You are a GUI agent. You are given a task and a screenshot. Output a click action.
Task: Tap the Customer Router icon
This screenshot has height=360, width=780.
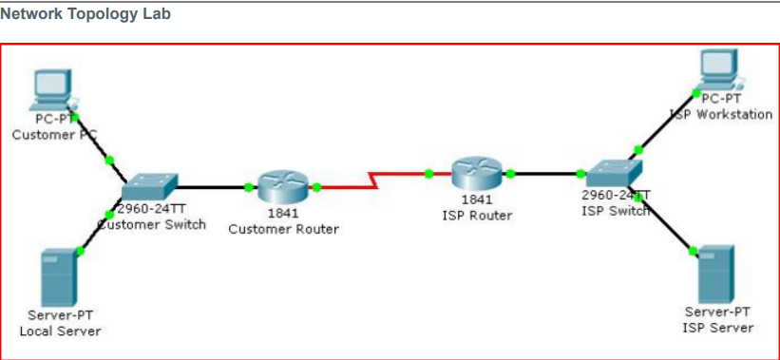[282, 186]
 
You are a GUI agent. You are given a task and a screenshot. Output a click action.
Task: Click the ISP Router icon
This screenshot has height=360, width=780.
[475, 173]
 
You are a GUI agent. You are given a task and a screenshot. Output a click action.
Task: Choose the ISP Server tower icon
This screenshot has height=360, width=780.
[716, 274]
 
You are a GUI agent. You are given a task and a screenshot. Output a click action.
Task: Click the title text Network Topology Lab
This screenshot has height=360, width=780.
[86, 15]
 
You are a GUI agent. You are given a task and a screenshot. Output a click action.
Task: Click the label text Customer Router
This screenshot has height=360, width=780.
[283, 229]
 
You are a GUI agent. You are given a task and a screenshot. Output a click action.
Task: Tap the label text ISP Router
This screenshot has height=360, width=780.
[477, 215]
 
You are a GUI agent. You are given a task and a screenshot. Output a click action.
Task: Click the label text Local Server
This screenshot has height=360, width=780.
[60, 331]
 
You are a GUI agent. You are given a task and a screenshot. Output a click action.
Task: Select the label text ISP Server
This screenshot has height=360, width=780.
[717, 328]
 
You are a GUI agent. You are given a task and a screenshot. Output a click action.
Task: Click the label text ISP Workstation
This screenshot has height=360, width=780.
[722, 114]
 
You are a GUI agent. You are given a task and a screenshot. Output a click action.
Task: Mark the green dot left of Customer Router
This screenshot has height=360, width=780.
[248, 187]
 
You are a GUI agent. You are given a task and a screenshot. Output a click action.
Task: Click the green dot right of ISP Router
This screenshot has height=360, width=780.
[510, 174]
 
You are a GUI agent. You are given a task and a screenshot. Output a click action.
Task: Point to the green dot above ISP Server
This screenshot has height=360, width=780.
[693, 250]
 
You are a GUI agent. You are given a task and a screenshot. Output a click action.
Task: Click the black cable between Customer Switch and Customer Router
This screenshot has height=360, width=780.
[209, 187]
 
